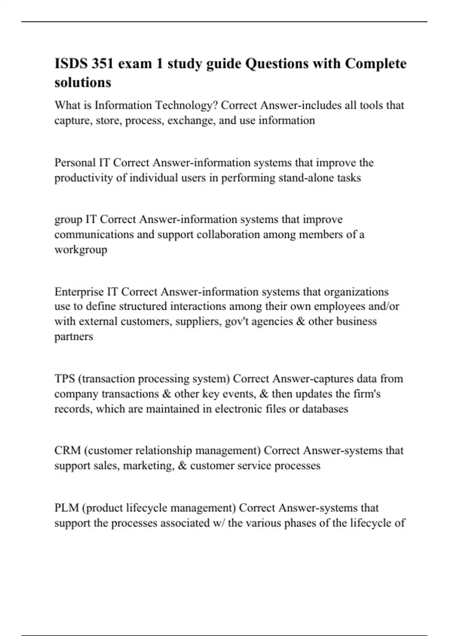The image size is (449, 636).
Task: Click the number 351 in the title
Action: (102, 64)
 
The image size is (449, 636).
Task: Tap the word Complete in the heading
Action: (375, 64)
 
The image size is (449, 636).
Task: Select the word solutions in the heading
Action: (83, 82)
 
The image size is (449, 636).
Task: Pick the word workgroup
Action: (81, 250)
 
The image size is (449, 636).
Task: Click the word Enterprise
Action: (79, 291)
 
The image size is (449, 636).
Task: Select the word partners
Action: (74, 336)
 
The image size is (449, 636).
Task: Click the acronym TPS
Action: (65, 379)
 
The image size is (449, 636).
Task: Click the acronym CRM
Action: (68, 450)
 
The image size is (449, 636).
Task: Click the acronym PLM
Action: (66, 508)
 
